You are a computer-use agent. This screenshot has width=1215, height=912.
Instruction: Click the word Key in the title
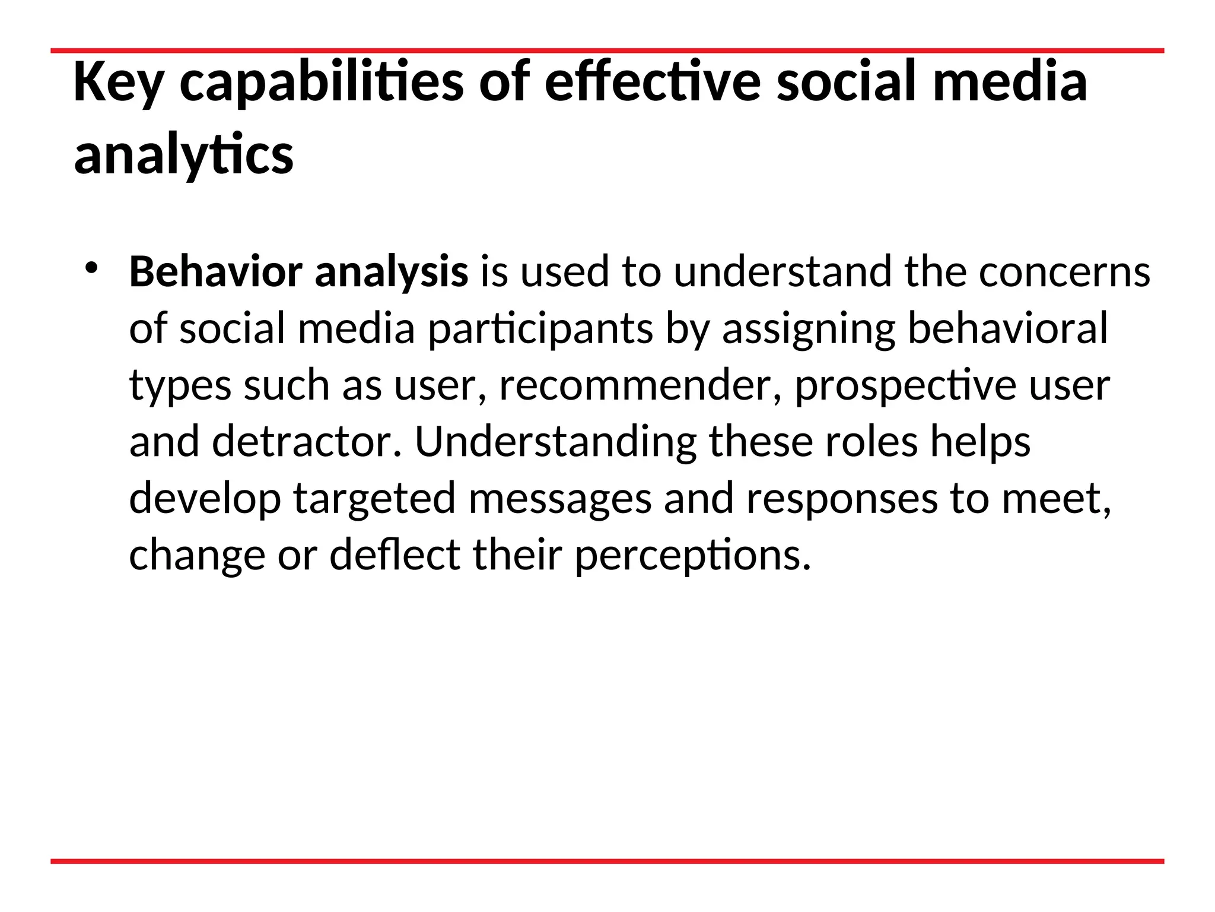coord(118,83)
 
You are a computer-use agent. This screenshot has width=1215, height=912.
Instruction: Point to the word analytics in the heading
coord(183,156)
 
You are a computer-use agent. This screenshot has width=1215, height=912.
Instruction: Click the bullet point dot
coord(90,268)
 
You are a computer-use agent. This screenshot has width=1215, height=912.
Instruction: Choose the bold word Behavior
coord(215,272)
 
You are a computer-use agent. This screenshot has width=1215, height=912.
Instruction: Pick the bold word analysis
coord(392,272)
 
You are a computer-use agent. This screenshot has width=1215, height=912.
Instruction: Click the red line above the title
coord(607,51)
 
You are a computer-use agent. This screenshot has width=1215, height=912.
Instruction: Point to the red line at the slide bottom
coord(607,862)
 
